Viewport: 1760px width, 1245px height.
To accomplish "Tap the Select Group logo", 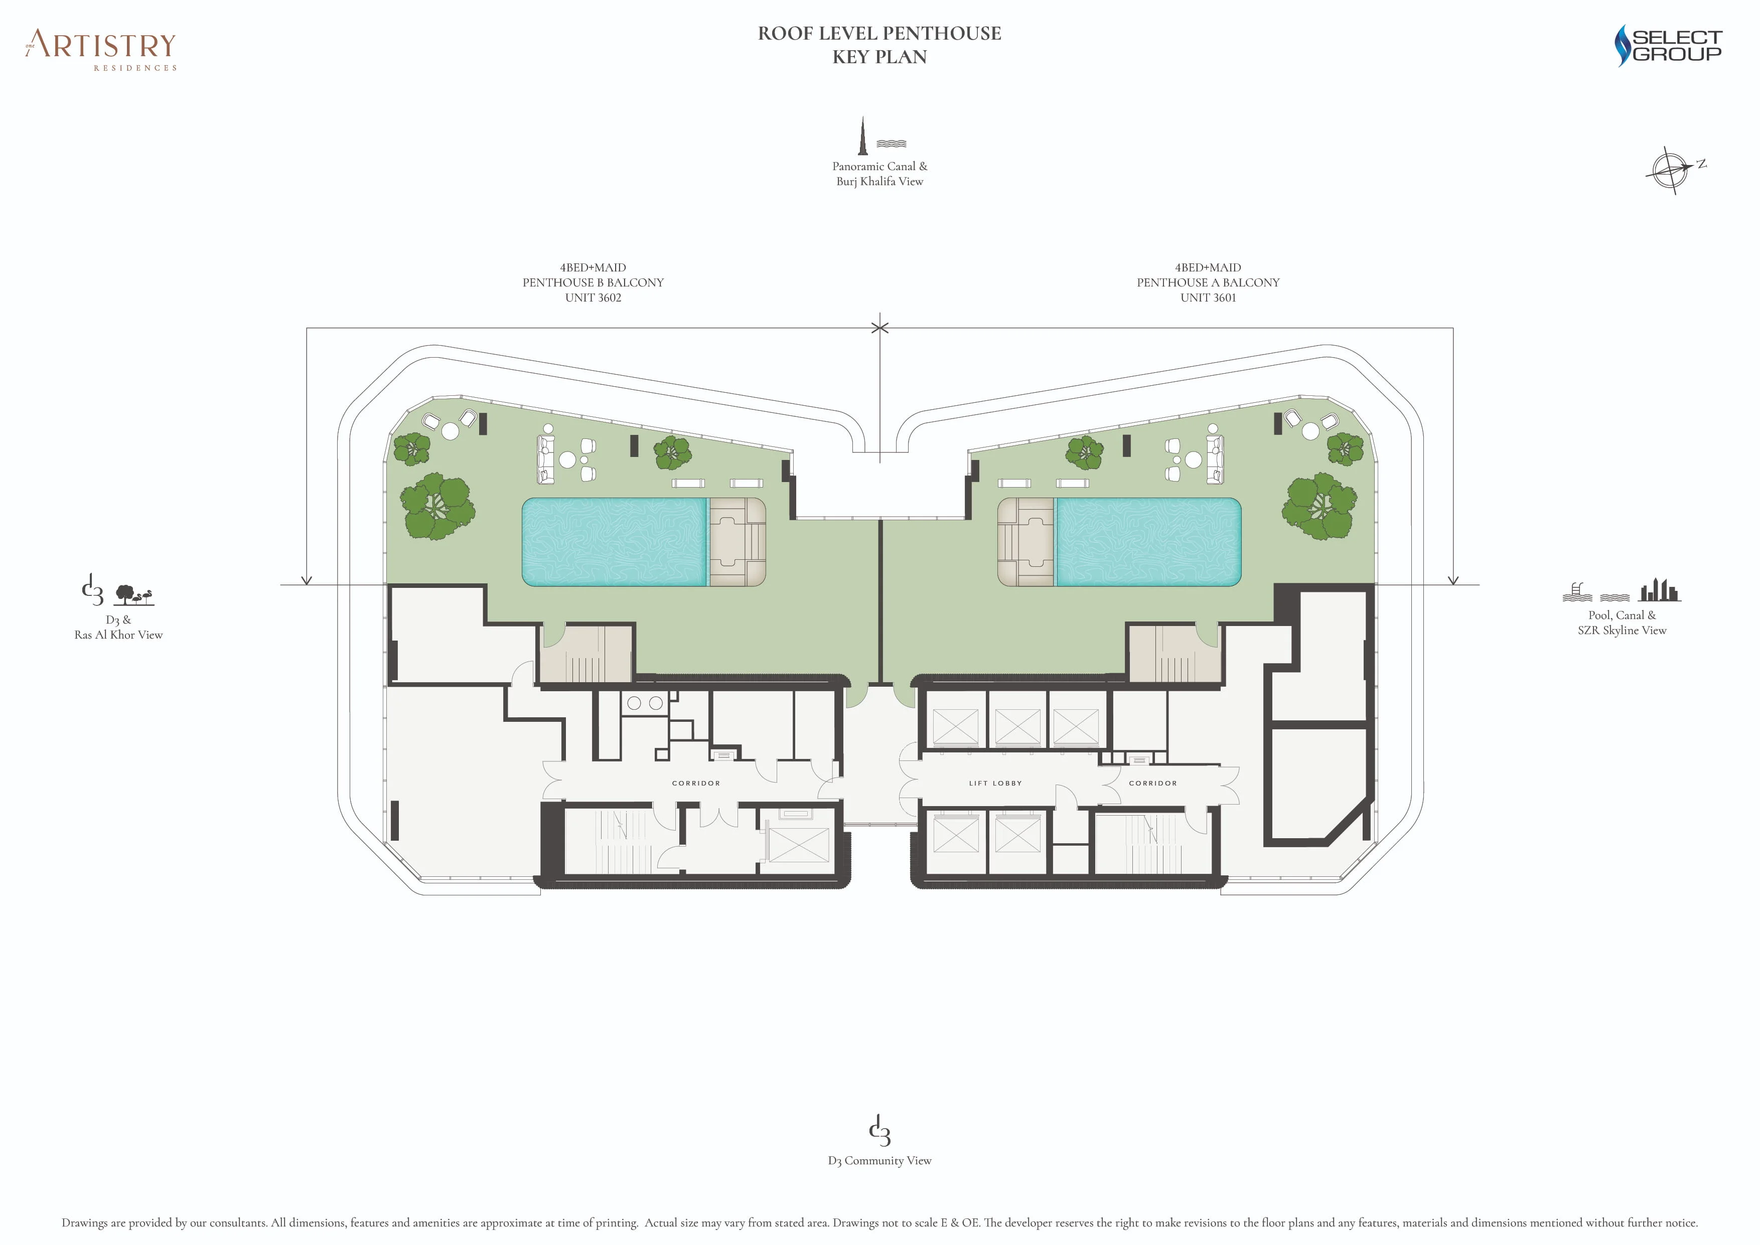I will pyautogui.click(x=1668, y=46).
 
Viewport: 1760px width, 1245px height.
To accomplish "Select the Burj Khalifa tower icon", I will pyautogui.click(x=863, y=136).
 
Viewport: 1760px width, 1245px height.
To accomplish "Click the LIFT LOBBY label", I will pyautogui.click(x=995, y=783).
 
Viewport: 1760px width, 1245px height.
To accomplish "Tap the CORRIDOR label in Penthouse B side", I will pyautogui.click(x=695, y=783).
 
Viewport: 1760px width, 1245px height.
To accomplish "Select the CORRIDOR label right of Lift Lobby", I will pyautogui.click(x=1152, y=783).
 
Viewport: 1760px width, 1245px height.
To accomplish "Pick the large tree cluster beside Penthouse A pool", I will pyautogui.click(x=1320, y=506).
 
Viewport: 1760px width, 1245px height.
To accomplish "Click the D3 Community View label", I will pyautogui.click(x=879, y=1160).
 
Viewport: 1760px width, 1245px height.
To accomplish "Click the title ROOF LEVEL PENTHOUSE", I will pyautogui.click(x=879, y=33).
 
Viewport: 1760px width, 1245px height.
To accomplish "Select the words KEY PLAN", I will pyautogui.click(x=879, y=57).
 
